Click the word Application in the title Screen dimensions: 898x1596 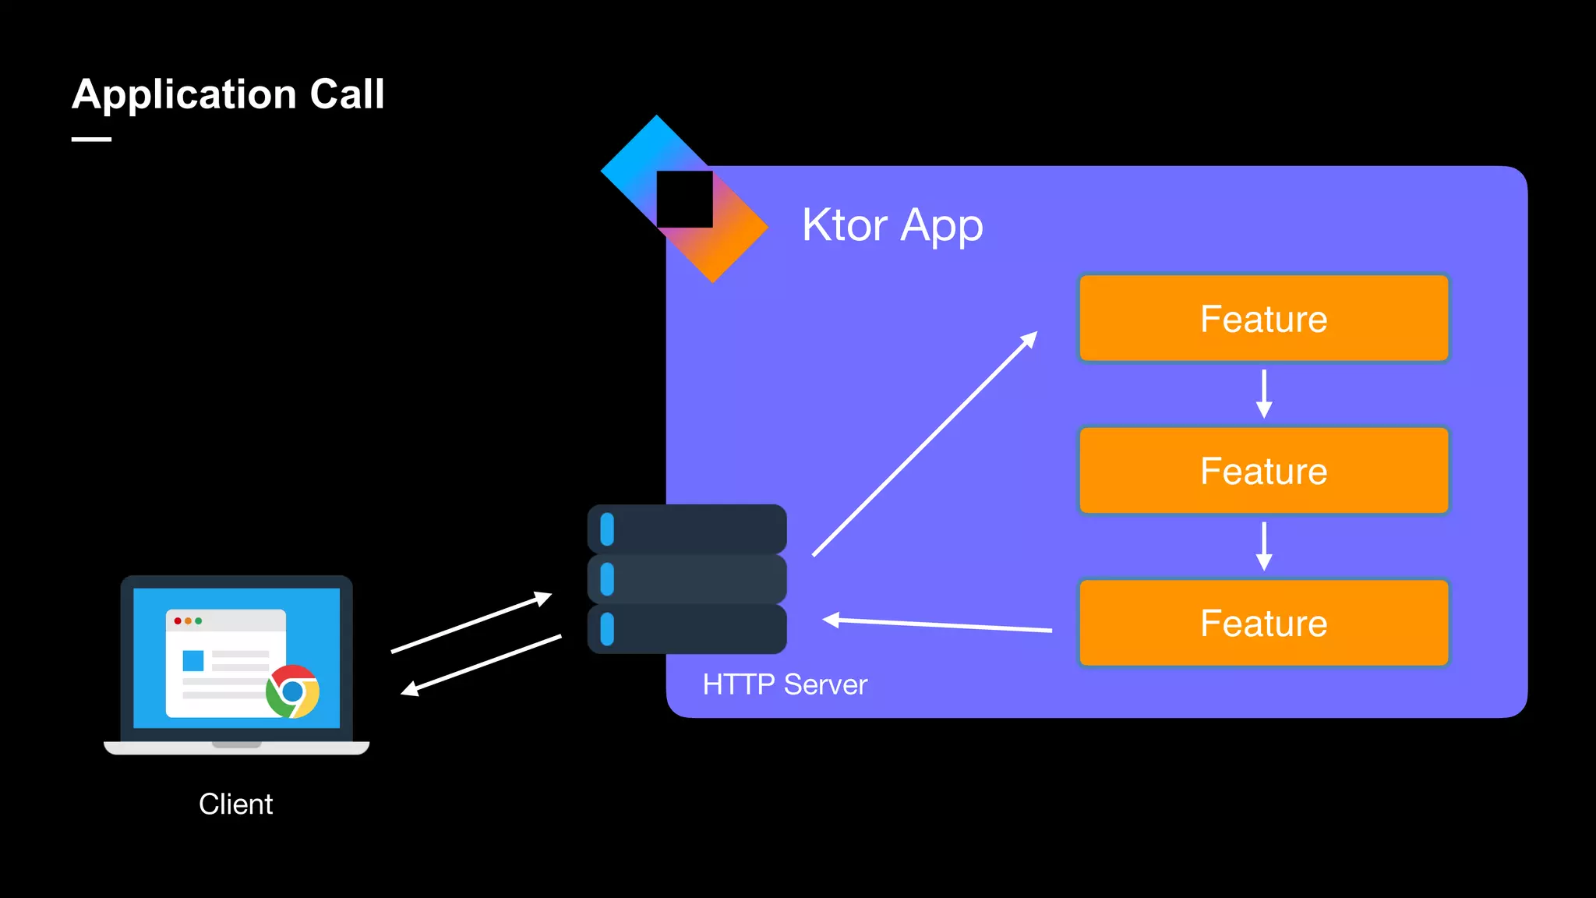[x=184, y=95]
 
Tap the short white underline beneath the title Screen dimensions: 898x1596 [x=91, y=140]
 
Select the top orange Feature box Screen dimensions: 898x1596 [x=1263, y=318]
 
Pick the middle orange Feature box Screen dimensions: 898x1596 [x=1263, y=471]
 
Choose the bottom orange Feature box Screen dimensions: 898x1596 [x=1263, y=623]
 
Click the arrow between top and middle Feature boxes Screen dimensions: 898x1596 [x=1264, y=394]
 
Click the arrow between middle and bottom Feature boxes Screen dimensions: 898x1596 [x=1264, y=546]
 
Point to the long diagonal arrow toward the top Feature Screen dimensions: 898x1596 [x=925, y=444]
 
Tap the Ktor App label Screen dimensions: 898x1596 [x=892, y=225]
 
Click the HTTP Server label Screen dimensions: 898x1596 [x=785, y=684]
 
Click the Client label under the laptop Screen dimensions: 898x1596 [x=235, y=804]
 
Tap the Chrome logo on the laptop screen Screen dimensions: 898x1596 [x=292, y=691]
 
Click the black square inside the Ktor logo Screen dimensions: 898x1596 [x=684, y=200]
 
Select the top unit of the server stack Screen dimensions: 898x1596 [x=687, y=529]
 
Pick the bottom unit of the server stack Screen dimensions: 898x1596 [x=687, y=629]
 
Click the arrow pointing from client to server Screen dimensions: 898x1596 [x=471, y=623]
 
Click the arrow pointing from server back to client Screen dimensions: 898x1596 [x=481, y=665]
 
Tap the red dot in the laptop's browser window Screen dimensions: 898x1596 [x=178, y=620]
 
